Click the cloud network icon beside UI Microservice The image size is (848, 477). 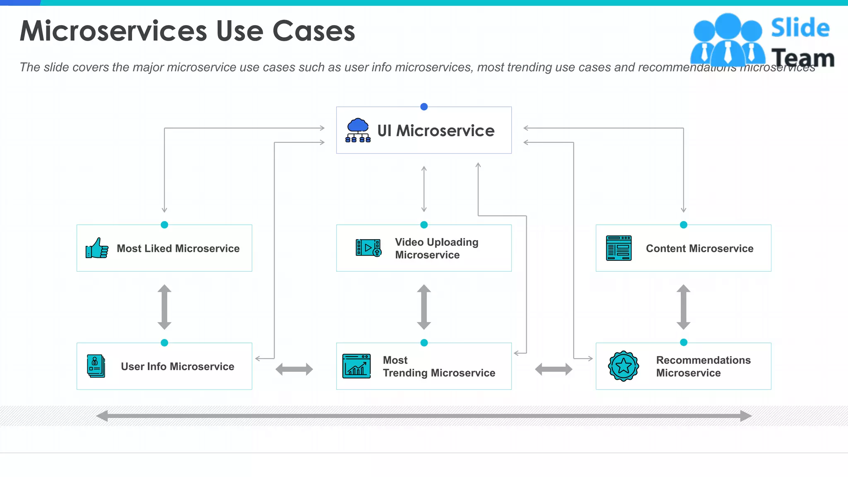tap(358, 130)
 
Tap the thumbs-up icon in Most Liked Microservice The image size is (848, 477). tap(97, 248)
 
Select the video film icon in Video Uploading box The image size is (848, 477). tap(368, 248)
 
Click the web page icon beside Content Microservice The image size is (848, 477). tap(619, 248)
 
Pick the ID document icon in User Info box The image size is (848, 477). tap(96, 366)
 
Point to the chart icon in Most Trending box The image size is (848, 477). tap(356, 366)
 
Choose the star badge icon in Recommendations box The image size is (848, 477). tap(623, 366)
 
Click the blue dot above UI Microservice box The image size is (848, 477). tap(424, 107)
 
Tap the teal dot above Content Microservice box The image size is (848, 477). tap(684, 225)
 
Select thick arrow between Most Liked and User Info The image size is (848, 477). tap(164, 307)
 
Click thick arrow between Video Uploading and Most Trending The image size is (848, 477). tap(424, 307)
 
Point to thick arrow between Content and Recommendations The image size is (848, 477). tap(684, 307)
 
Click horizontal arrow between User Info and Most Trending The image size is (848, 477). tap(294, 369)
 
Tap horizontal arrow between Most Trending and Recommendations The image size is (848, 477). tap(554, 369)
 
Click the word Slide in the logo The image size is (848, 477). tap(800, 28)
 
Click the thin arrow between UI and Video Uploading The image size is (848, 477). tap(424, 189)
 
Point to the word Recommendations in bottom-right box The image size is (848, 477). tap(703, 360)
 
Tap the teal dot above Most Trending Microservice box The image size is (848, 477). tap(424, 343)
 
